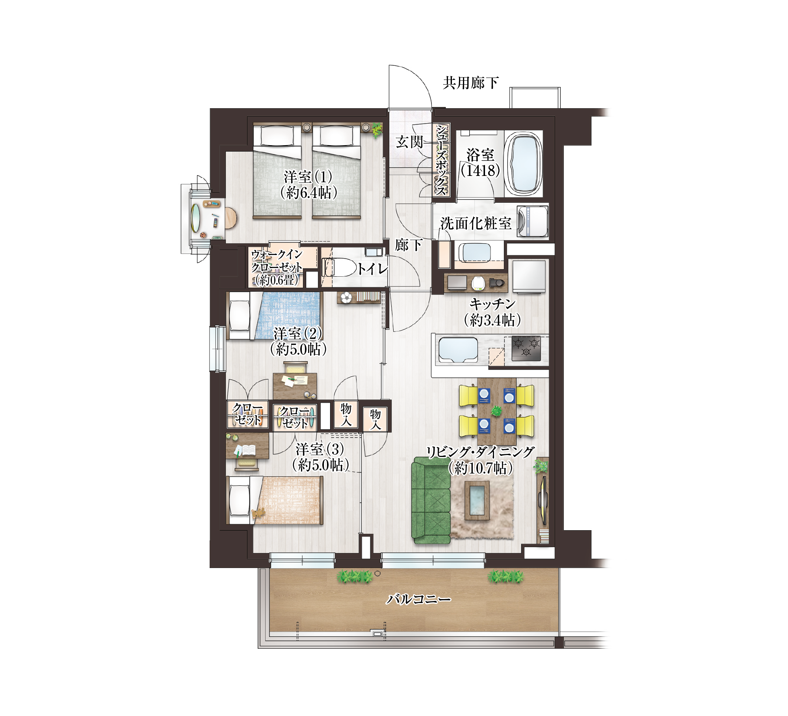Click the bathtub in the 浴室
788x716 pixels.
point(524,164)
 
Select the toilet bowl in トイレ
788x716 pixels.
point(340,268)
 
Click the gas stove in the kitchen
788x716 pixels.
point(526,348)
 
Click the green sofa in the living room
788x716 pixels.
point(431,500)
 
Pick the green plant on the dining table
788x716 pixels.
point(496,411)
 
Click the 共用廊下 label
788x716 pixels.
point(470,83)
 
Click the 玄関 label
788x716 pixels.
point(410,142)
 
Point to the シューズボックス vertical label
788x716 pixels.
point(441,160)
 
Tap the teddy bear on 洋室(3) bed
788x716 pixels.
point(258,512)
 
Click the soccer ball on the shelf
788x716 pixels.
point(346,297)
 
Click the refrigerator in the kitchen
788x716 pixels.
point(529,276)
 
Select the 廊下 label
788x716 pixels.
point(409,245)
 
